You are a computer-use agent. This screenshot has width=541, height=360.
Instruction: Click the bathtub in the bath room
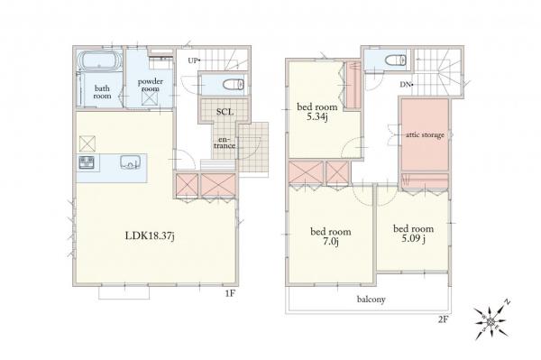pos(99,61)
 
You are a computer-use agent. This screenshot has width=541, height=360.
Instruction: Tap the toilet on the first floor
pos(234,84)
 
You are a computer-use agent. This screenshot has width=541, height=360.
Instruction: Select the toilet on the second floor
pos(396,60)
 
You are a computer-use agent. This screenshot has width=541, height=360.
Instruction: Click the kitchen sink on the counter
pos(130,162)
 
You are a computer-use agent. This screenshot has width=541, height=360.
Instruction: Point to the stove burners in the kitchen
pos(87,162)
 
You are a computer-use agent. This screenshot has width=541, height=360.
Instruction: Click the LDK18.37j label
pos(150,235)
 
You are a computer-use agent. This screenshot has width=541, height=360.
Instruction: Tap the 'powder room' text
pos(151,85)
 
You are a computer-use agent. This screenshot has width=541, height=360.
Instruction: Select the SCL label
pos(225,112)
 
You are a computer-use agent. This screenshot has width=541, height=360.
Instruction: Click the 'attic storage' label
pos(425,135)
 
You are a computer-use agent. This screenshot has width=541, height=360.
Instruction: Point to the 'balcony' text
pos(371,299)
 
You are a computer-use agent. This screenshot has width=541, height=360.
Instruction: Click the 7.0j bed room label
pos(331,236)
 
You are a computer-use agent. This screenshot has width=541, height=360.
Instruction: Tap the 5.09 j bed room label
pos(413,234)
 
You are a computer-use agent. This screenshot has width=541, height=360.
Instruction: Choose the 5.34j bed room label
pos(317,112)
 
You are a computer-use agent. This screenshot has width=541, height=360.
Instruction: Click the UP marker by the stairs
pos(194,60)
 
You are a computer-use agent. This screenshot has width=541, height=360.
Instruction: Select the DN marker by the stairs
pos(407,84)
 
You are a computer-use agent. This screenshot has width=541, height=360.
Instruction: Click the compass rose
pos(491,322)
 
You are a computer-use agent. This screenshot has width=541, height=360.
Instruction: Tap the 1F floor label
pos(230,294)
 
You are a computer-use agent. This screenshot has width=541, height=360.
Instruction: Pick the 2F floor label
pos(443,319)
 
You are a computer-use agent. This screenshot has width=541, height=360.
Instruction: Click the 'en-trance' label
pos(225,143)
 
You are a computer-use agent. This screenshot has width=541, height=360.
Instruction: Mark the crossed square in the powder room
pos(150,98)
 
